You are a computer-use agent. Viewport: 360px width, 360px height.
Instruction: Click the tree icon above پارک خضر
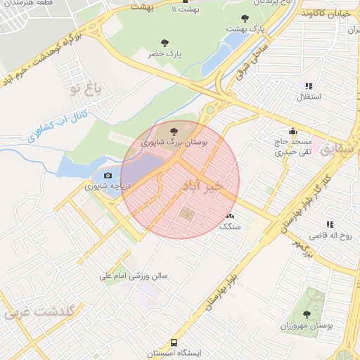point(165,43)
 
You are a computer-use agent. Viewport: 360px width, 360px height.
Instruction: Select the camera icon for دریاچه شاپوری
point(108,176)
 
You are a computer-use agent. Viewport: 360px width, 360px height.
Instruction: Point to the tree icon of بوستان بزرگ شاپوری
point(174,130)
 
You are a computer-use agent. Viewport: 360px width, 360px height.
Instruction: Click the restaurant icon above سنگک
point(230,216)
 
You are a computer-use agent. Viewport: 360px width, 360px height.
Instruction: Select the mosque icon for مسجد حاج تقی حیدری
point(292,131)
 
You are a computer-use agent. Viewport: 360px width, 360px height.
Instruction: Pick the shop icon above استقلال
point(309,85)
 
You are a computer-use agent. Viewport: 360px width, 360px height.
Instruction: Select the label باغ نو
point(86,90)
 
